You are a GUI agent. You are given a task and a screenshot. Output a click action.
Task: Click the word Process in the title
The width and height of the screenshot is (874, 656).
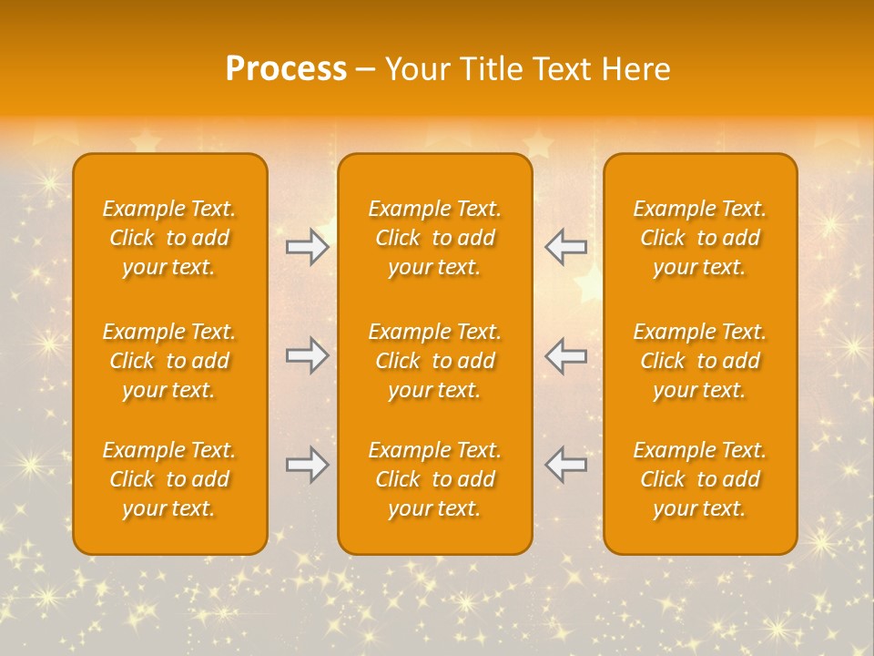[286, 69]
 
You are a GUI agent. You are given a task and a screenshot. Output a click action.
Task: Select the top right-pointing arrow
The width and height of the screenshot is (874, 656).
[308, 247]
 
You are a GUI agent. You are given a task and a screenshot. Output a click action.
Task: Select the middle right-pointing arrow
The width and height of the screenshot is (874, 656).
[308, 355]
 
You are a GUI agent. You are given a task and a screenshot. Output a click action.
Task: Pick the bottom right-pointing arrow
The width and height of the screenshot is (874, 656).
[308, 465]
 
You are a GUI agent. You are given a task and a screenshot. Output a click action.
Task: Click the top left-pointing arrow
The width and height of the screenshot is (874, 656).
[565, 247]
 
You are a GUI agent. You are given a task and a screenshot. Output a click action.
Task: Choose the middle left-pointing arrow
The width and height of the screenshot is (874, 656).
[565, 355]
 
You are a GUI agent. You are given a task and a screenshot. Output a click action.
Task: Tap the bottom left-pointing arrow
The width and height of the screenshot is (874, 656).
[565, 465]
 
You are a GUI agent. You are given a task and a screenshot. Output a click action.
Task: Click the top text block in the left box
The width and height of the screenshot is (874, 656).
[169, 238]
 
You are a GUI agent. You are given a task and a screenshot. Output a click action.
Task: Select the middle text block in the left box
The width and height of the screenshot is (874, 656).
[169, 361]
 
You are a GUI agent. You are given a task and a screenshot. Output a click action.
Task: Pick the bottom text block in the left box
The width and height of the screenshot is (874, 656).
[169, 479]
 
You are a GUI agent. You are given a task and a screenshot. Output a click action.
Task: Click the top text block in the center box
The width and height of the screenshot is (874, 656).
[435, 238]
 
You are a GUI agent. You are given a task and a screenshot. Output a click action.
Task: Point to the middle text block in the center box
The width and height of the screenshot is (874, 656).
[435, 361]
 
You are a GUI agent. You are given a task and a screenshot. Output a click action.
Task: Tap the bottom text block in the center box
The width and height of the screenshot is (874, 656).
[435, 479]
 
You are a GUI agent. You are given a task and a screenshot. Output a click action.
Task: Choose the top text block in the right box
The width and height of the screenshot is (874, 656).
[700, 238]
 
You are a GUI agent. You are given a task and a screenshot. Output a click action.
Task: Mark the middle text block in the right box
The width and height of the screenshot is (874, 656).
[700, 361]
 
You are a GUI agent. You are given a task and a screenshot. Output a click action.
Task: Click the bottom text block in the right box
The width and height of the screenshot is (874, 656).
[700, 479]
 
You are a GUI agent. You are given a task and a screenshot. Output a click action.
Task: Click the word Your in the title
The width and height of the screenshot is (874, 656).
[415, 69]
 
